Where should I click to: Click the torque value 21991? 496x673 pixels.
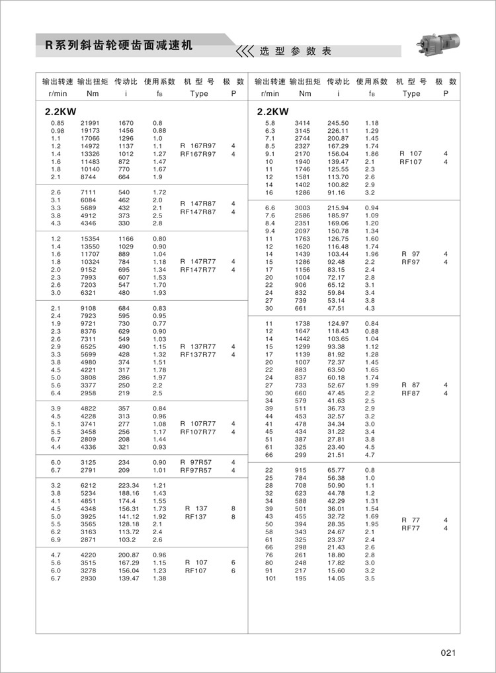click(90, 123)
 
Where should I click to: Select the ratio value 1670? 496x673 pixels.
click(126, 123)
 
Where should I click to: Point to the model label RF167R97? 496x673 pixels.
click(198, 154)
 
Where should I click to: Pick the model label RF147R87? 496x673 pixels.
click(198, 212)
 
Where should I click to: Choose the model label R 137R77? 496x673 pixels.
click(198, 346)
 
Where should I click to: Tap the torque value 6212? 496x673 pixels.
click(89, 485)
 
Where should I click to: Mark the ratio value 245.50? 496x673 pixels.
click(338, 123)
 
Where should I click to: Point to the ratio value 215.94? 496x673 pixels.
click(338, 208)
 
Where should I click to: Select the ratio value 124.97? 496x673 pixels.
click(338, 323)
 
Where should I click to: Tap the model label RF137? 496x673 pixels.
click(196, 517)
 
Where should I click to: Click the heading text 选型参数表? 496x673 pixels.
click(295, 52)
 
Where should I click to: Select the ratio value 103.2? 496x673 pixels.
click(127, 539)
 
